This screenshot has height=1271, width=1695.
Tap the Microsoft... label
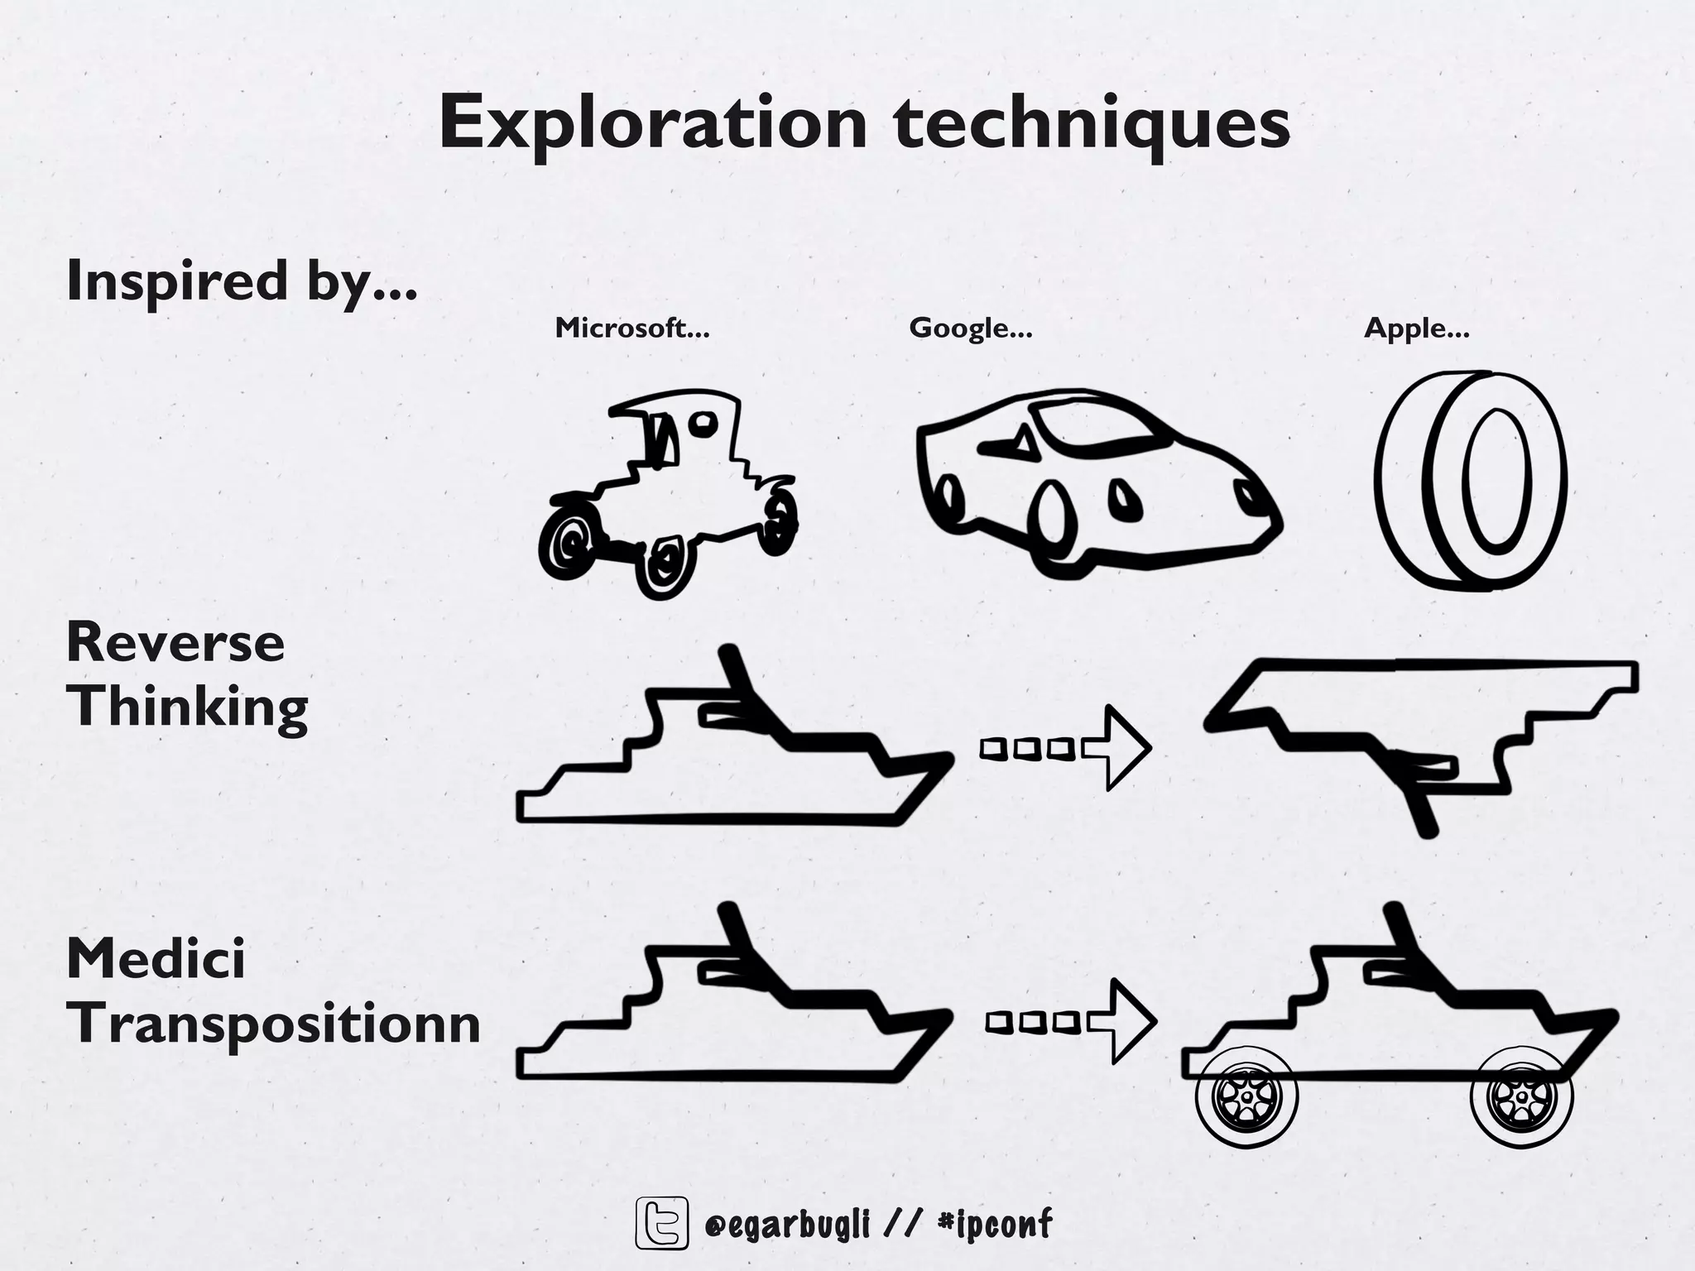pyautogui.click(x=632, y=329)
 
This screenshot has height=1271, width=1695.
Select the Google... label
pyautogui.click(x=970, y=329)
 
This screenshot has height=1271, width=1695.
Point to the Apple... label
pyautogui.click(x=1416, y=329)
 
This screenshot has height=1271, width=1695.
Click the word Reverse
pyautogui.click(x=175, y=643)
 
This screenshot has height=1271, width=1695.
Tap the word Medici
pyautogui.click(x=156, y=959)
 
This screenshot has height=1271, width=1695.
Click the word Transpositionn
pyautogui.click(x=273, y=1024)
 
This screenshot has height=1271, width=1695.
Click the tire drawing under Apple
pyautogui.click(x=1471, y=480)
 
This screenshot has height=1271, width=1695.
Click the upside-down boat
pyautogui.click(x=1419, y=728)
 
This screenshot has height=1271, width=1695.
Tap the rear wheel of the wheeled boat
pyautogui.click(x=1246, y=1097)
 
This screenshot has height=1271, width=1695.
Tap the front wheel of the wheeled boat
pyautogui.click(x=1521, y=1097)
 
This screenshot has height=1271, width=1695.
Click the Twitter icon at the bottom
pyautogui.click(x=661, y=1222)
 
